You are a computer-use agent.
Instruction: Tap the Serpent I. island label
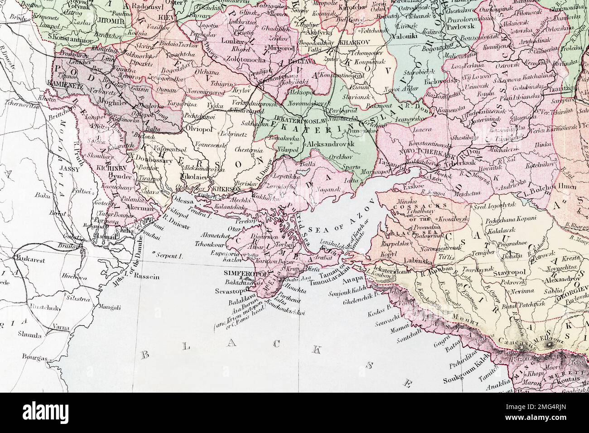tap(169, 256)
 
